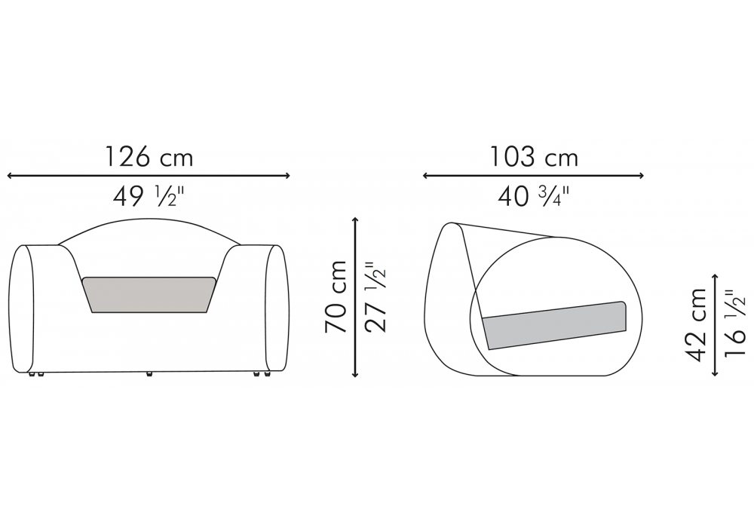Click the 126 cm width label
149,157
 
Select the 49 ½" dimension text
149,196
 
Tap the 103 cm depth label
534,157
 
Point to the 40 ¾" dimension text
534,196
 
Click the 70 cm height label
336,296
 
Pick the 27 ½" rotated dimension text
375,296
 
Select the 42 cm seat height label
695,324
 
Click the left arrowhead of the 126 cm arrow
10,176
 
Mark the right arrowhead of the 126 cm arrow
287,176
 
